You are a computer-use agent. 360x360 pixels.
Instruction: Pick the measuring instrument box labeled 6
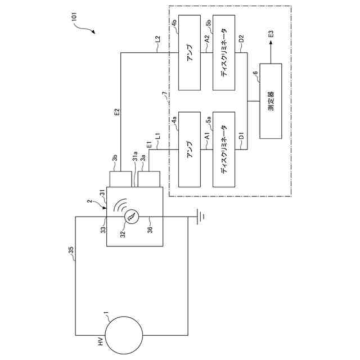coord(271,101)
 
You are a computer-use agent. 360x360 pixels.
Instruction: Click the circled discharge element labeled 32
coord(130,217)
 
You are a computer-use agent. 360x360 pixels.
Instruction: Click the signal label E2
coord(116,112)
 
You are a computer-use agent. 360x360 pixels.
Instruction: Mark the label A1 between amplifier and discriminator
coord(208,137)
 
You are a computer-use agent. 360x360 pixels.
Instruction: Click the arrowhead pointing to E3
coord(270,47)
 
